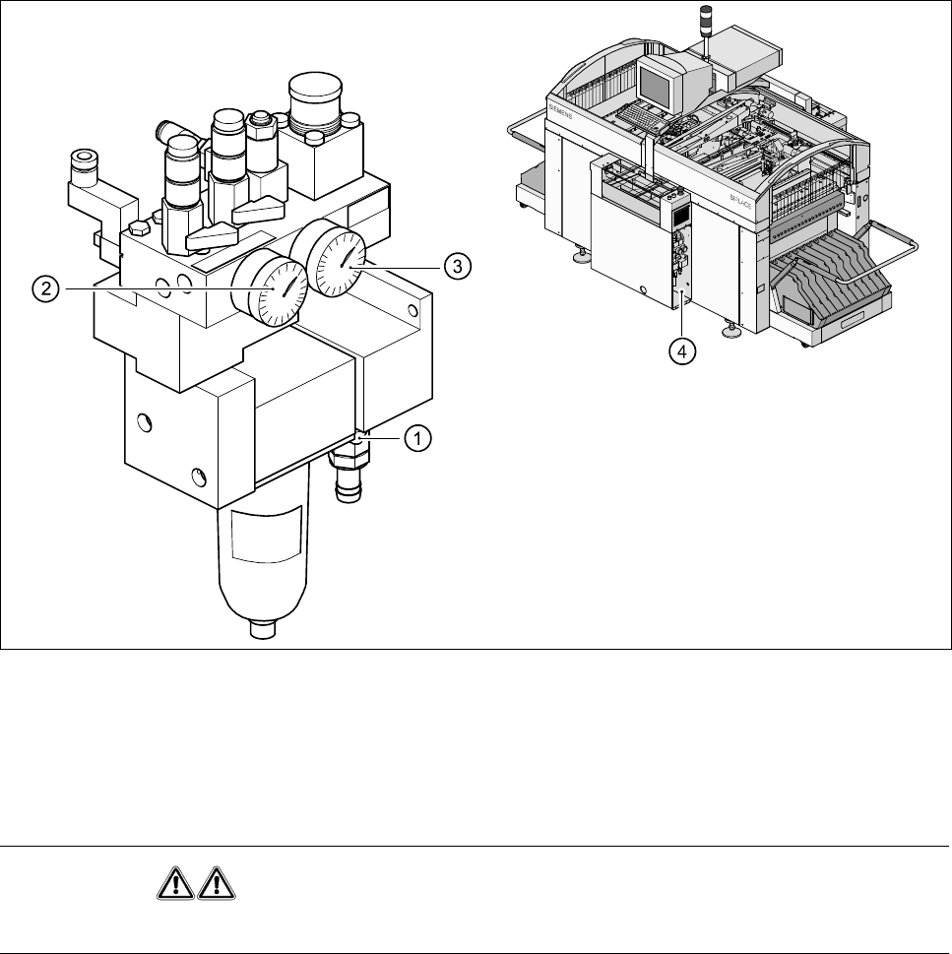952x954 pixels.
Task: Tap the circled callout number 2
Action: click(43, 289)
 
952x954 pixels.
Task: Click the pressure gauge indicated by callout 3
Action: click(338, 258)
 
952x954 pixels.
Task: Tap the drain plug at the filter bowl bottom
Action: click(262, 627)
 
